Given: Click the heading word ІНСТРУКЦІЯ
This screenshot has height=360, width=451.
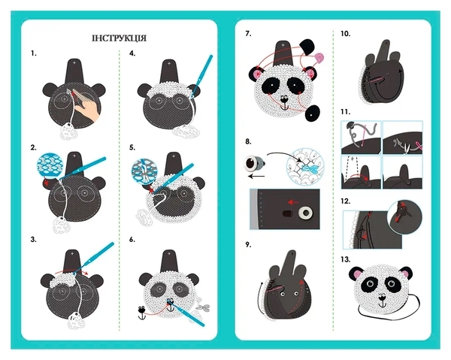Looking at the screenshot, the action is (x=119, y=38).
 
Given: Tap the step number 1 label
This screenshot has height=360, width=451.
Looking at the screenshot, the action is (x=34, y=53).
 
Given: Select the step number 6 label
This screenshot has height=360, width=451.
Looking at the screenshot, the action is (x=132, y=240).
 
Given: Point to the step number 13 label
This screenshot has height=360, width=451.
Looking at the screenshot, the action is (x=346, y=259).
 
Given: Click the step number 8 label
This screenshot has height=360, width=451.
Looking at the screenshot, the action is (x=248, y=141).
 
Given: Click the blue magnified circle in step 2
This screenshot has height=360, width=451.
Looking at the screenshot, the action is (x=50, y=166).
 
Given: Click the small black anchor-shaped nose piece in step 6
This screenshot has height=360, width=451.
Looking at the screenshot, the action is (x=141, y=313).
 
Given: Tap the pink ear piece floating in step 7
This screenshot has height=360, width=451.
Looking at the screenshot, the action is (x=319, y=57).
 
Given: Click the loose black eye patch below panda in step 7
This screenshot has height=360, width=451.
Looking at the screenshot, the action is (x=313, y=113).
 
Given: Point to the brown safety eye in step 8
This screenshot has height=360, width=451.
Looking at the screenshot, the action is (x=253, y=164).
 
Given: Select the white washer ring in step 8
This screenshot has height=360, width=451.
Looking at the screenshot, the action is (x=305, y=213).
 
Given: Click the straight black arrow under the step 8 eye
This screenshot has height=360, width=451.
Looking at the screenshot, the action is (x=256, y=176).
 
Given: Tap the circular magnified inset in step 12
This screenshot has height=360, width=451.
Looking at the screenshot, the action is (x=404, y=216).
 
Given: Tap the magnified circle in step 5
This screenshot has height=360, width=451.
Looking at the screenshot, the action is (x=144, y=171).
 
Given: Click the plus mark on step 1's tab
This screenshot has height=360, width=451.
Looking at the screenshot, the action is (x=74, y=62).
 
